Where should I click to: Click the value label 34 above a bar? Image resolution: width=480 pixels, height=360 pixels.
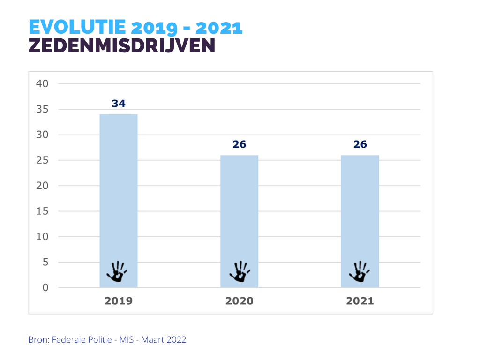tap(119, 104)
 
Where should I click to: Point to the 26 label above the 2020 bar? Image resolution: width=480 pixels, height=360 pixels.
tap(239, 144)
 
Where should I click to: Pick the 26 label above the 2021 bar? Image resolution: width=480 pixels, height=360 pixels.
tap(360, 144)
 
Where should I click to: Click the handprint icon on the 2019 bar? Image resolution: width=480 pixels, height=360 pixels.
tap(117, 271)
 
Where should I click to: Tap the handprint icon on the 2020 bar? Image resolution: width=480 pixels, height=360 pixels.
tap(239, 271)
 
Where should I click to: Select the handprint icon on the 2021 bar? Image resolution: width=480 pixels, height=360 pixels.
tap(359, 271)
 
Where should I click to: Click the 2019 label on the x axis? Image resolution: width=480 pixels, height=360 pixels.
tap(119, 301)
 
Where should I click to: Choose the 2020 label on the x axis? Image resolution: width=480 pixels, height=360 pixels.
tap(239, 301)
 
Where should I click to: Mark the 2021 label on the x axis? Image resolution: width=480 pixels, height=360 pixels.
tap(360, 301)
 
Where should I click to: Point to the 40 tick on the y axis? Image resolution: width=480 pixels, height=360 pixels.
tap(42, 84)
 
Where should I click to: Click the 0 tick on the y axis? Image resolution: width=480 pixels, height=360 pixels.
tap(45, 287)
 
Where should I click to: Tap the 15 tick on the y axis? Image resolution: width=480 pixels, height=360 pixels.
tap(42, 211)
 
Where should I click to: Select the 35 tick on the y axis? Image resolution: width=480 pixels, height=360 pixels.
tap(42, 109)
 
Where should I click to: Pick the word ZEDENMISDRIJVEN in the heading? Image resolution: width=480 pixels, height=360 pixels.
tap(122, 46)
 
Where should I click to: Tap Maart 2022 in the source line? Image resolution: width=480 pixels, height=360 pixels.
tap(165, 340)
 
